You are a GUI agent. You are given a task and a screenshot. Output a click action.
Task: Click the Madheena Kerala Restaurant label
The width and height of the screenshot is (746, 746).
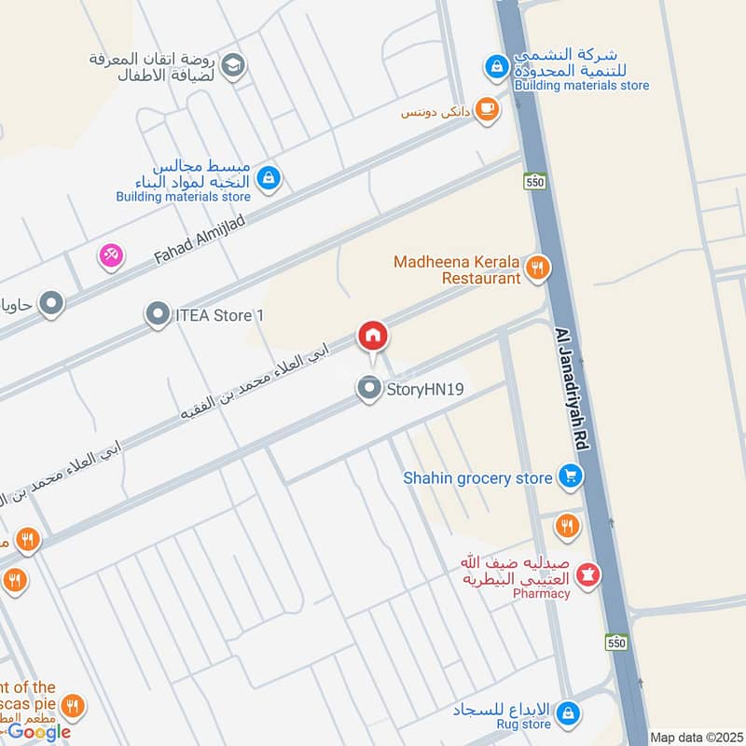(457, 269)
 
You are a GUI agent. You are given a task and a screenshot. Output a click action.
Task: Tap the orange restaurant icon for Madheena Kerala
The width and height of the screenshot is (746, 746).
(537, 269)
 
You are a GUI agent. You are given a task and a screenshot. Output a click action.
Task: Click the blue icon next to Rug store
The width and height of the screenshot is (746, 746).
(567, 715)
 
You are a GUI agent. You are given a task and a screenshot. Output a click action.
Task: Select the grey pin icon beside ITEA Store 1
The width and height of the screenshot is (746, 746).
(158, 315)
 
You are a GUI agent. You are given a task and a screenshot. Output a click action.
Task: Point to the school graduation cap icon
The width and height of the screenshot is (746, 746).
(234, 64)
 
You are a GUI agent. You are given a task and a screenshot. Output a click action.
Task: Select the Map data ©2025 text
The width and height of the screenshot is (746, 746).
(695, 737)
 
